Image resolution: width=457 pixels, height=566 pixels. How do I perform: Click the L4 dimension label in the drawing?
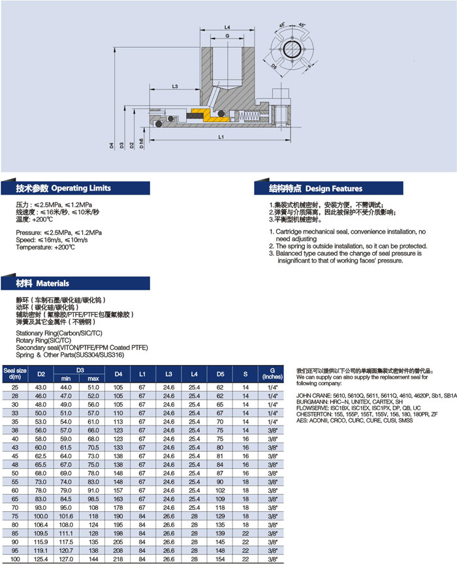tap(226, 27)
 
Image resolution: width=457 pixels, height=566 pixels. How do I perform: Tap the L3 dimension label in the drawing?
tap(175, 86)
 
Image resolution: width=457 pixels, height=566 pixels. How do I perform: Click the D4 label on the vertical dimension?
tap(112, 145)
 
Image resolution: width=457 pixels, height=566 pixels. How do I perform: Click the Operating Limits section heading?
tap(64, 188)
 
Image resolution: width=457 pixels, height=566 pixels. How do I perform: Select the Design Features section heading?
tap(316, 188)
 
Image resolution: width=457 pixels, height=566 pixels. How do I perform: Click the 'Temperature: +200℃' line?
tap(45, 248)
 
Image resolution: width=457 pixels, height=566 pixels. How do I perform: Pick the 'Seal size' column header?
tap(14, 373)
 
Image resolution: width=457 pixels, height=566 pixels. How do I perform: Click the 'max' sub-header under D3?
tap(93, 379)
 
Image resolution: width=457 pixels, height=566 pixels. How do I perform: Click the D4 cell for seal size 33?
tap(118, 413)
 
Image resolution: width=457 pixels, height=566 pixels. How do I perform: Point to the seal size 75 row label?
tap(14, 516)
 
